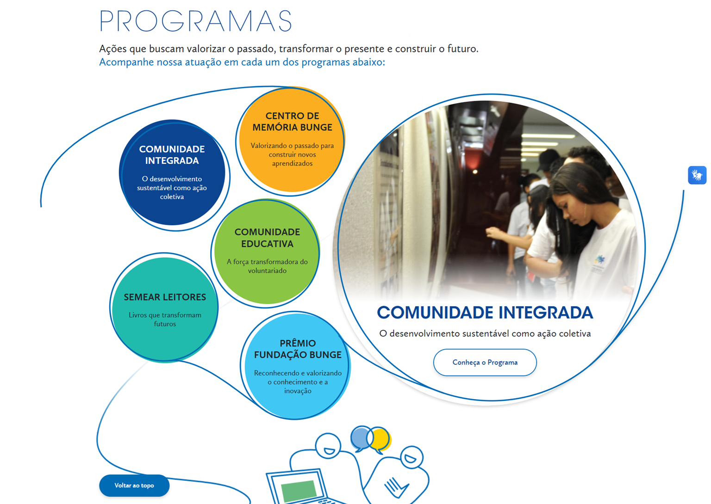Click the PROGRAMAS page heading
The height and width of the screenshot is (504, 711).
point(195,21)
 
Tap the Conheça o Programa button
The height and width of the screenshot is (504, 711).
point(485,363)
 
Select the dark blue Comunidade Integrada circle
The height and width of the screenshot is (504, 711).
point(172,172)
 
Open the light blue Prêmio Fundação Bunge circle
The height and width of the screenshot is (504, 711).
point(297,366)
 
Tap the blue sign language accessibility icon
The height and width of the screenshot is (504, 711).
point(697,175)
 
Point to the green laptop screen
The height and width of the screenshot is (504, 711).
point(299,490)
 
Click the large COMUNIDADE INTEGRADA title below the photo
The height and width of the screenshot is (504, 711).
point(485,313)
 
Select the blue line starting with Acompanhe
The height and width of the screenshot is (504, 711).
point(242,62)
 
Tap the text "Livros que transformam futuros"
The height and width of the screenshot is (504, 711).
point(165,320)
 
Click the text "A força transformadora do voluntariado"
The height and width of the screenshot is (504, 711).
point(267,266)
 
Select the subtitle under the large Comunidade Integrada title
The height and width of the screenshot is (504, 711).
point(485,334)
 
